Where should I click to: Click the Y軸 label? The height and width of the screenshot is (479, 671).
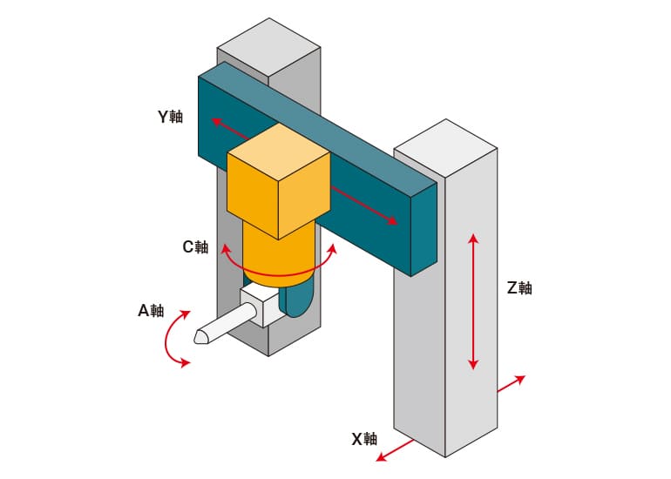[x=170, y=116]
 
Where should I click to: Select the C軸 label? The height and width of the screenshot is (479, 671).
[x=195, y=246]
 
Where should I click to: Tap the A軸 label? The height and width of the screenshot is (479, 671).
[x=151, y=311]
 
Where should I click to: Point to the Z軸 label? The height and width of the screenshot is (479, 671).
[x=519, y=288]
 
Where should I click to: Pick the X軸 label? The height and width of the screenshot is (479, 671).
[x=364, y=439]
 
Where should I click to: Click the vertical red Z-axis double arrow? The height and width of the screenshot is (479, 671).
[x=472, y=300]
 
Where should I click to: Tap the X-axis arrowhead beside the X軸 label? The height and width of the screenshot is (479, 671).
[x=380, y=457]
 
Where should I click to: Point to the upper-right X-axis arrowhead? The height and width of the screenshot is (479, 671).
[x=520, y=379]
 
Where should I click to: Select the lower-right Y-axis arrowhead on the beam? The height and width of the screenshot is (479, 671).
[x=391, y=222]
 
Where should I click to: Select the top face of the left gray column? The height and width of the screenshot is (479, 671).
[x=268, y=44]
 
